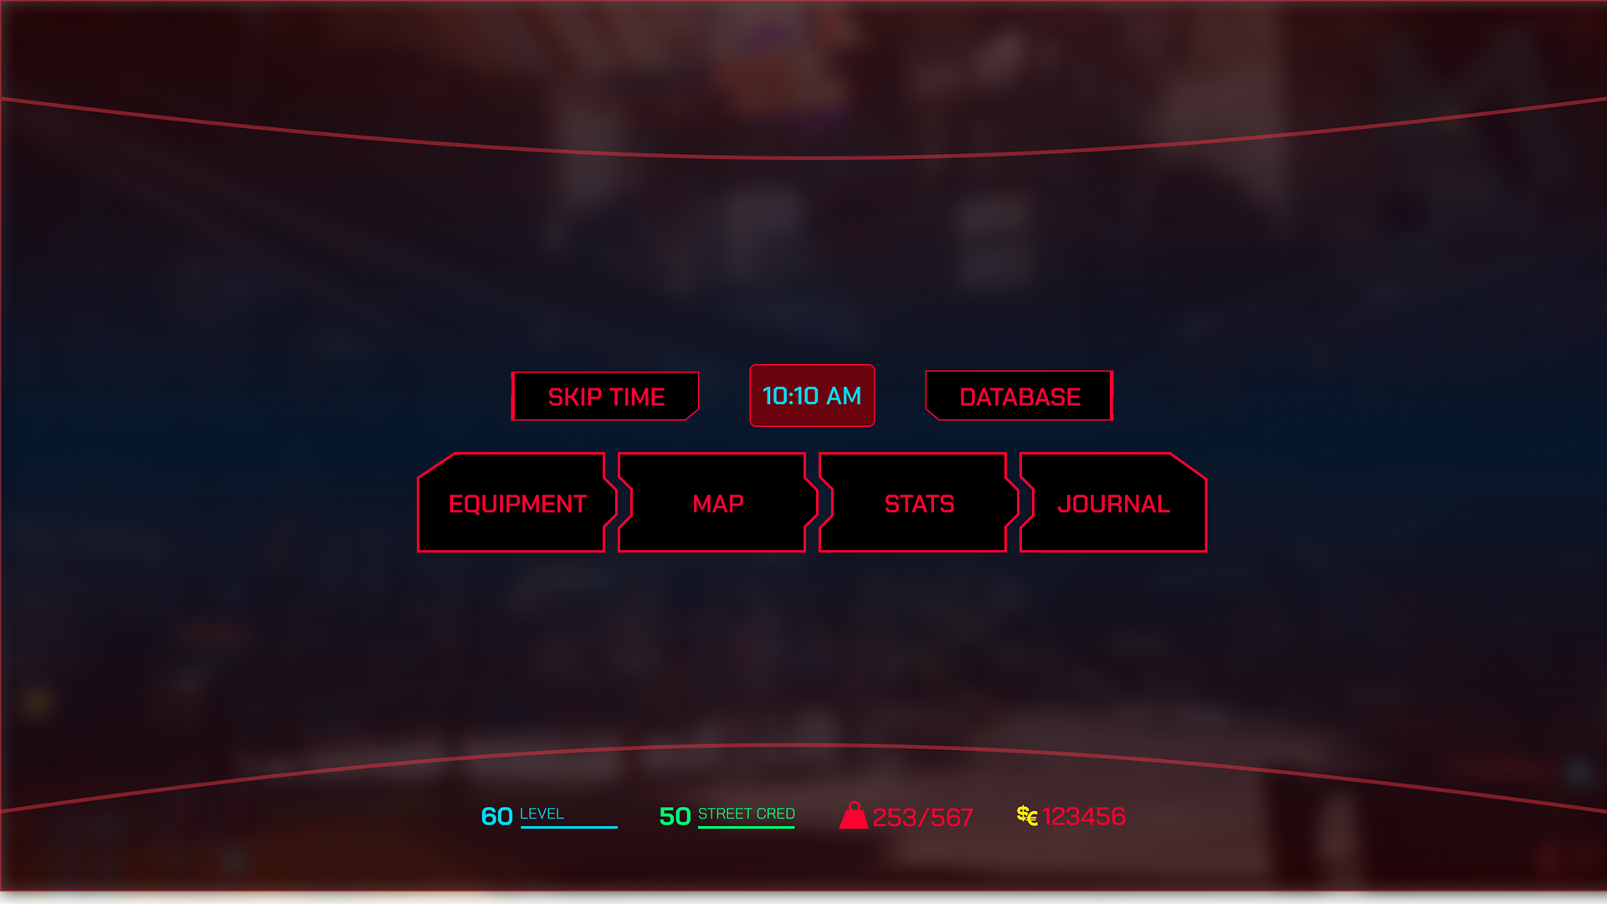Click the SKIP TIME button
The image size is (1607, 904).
(x=605, y=397)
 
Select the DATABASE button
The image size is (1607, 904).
(x=1019, y=397)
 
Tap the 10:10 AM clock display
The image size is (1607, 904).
(x=811, y=396)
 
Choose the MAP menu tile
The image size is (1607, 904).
(x=716, y=504)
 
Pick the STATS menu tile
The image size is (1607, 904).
(x=918, y=504)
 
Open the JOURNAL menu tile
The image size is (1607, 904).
(x=1112, y=504)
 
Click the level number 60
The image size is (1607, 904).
(x=496, y=816)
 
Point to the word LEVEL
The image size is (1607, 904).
(x=542, y=814)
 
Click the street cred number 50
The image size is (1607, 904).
(x=675, y=816)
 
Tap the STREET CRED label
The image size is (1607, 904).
(x=746, y=814)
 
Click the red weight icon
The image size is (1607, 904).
(x=853, y=816)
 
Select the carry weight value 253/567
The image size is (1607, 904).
(x=922, y=818)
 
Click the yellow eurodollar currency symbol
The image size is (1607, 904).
(x=1027, y=815)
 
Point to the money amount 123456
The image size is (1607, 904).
(x=1083, y=816)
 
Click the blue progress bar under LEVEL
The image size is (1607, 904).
(x=568, y=827)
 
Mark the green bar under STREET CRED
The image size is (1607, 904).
(x=746, y=827)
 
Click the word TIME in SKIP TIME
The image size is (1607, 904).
(x=638, y=397)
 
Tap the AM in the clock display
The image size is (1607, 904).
(x=844, y=396)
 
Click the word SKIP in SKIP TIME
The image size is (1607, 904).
(x=574, y=397)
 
